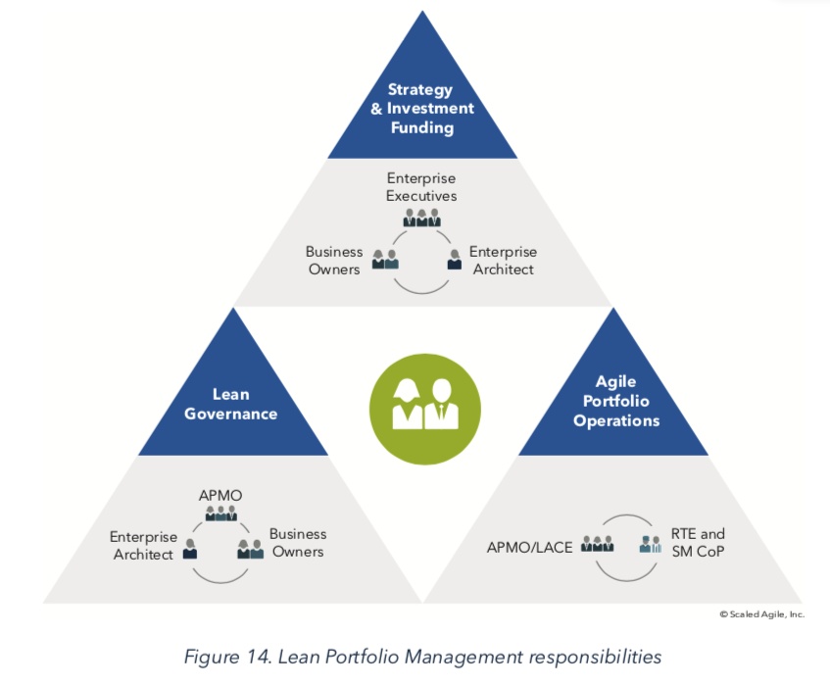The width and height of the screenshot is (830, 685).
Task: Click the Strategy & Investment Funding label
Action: click(x=421, y=109)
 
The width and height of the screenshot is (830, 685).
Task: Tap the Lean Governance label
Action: click(x=230, y=403)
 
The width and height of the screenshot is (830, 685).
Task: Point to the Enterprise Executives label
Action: click(x=421, y=186)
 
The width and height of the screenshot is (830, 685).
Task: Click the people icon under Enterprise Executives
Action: click(x=421, y=217)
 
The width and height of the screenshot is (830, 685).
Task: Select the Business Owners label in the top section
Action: click(x=333, y=260)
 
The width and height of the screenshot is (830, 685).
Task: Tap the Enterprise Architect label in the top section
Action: click(x=503, y=260)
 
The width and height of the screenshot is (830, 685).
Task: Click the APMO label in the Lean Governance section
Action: click(x=220, y=494)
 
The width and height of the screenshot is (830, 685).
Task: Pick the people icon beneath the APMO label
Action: click(x=220, y=513)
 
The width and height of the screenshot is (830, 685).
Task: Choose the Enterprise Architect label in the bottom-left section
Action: click(x=142, y=545)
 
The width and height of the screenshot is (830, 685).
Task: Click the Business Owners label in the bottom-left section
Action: click(x=298, y=543)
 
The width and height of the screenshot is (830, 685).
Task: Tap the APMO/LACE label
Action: click(x=529, y=546)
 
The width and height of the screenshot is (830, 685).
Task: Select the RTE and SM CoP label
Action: click(x=698, y=542)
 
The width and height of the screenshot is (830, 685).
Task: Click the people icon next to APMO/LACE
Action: click(x=596, y=543)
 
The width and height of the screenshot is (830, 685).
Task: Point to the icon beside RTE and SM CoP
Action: click(x=650, y=543)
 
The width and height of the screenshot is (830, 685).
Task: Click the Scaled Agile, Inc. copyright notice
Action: click(x=761, y=614)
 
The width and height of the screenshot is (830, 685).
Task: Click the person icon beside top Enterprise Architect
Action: click(x=455, y=260)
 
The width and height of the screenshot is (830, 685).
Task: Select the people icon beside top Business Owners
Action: click(x=385, y=259)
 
